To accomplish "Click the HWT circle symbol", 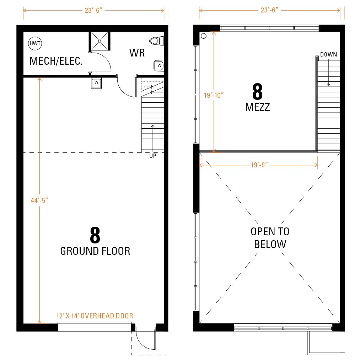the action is pyautogui.click(x=35, y=43).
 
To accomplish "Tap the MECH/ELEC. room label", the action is pyautogui.click(x=56, y=61).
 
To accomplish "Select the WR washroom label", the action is pyautogui.click(x=137, y=53).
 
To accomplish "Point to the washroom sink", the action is pyautogui.click(x=158, y=66).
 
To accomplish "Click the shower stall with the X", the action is pyautogui.click(x=100, y=41).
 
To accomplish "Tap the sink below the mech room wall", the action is pyautogui.click(x=96, y=83).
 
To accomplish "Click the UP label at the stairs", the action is pyautogui.click(x=153, y=156).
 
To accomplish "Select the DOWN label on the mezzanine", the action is pyautogui.click(x=328, y=54).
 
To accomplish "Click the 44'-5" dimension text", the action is pyautogui.click(x=39, y=200).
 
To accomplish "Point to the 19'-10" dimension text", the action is pyautogui.click(x=214, y=95).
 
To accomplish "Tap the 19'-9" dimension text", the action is pyautogui.click(x=259, y=165).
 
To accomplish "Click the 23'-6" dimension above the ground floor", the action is pyautogui.click(x=93, y=11).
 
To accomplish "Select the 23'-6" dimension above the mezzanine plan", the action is pyautogui.click(x=269, y=10).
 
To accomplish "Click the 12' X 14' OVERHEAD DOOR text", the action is pyautogui.click(x=95, y=316).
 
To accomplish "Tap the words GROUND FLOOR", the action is pyautogui.click(x=95, y=251).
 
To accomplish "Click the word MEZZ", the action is pyautogui.click(x=257, y=107).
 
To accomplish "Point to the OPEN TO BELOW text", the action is pyautogui.click(x=270, y=238).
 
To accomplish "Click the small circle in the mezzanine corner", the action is pyautogui.click(x=204, y=36).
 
